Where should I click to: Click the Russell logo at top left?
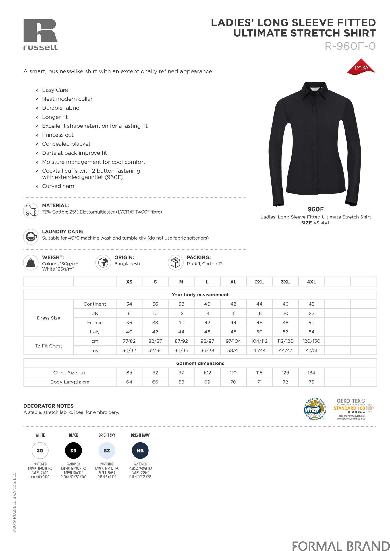click(x=40, y=34)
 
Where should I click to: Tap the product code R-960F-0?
click(x=350, y=46)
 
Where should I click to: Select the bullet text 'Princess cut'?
click(x=58, y=135)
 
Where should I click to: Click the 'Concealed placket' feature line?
click(x=66, y=144)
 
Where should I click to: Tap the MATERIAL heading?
click(x=55, y=205)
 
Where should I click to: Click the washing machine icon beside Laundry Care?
click(x=31, y=236)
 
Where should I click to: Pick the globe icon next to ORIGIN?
click(x=103, y=262)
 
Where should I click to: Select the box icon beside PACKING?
click(x=175, y=262)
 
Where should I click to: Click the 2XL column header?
click(x=259, y=282)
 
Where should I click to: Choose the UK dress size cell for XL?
click(x=233, y=313)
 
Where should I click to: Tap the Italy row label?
click(x=95, y=332)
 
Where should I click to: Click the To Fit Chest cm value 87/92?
click(x=181, y=341)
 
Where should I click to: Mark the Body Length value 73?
click(x=311, y=382)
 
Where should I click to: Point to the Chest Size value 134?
click(x=311, y=373)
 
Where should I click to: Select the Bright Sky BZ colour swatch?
click(x=107, y=451)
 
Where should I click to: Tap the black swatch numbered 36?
click(x=74, y=451)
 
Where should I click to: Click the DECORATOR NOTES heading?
click(x=49, y=406)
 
